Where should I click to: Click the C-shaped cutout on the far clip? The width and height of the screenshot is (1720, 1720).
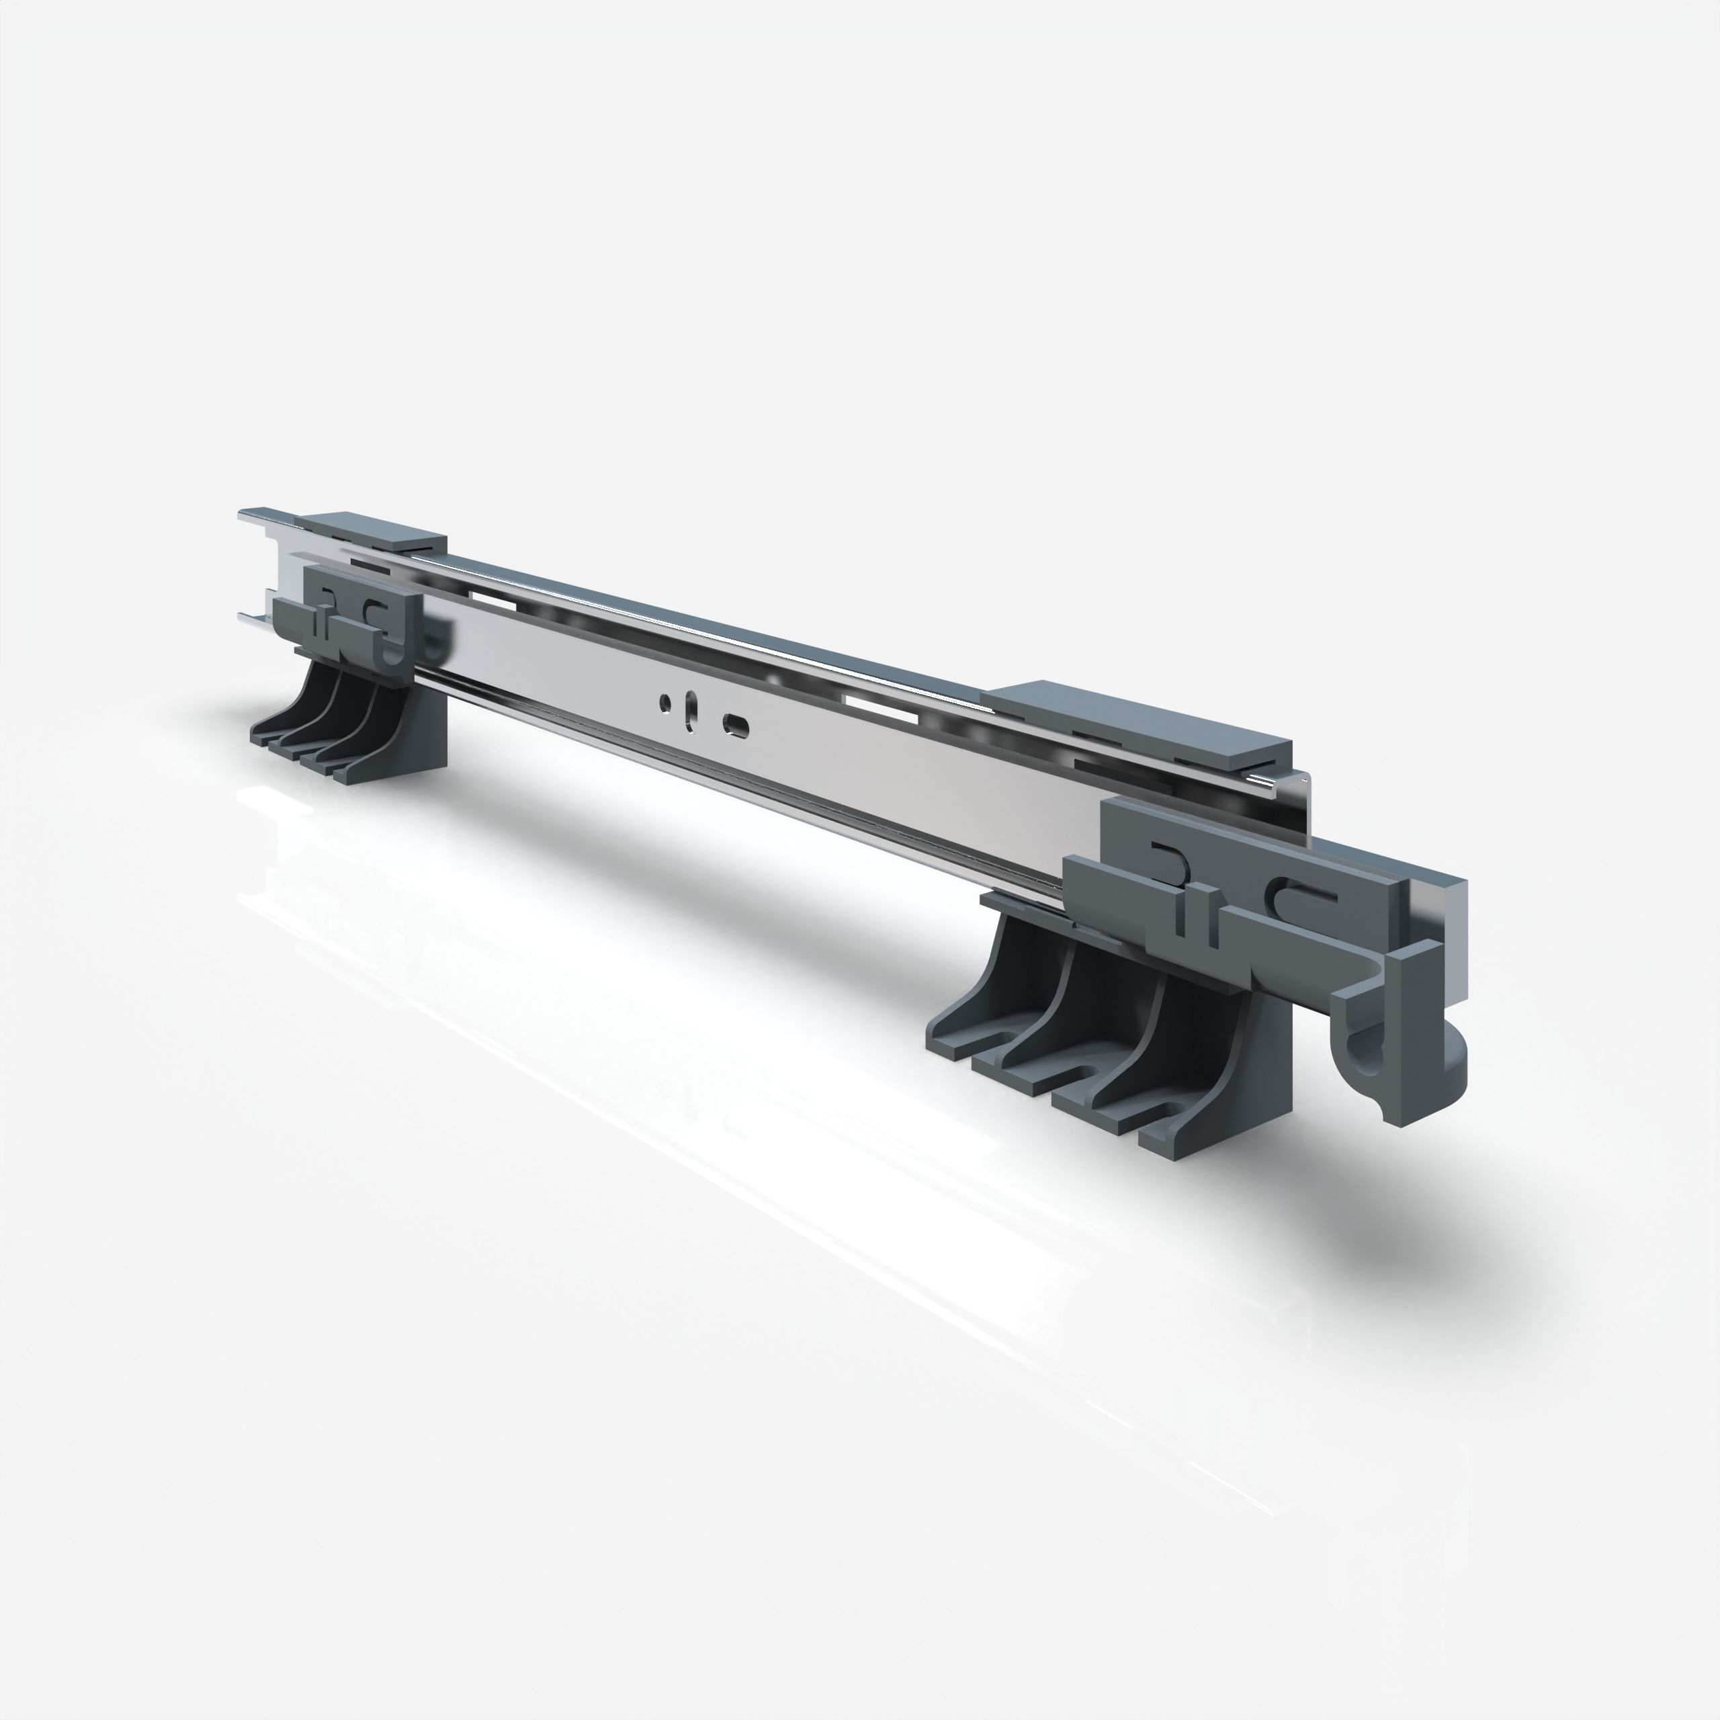point(376,611)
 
